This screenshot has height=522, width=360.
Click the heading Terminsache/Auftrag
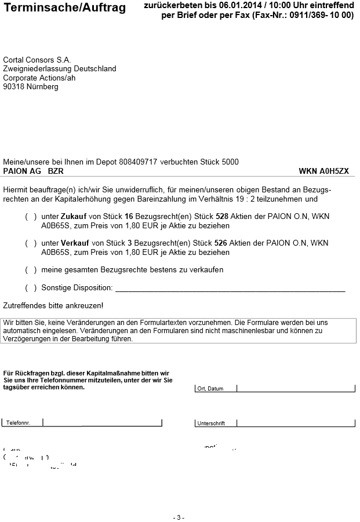coord(64,9)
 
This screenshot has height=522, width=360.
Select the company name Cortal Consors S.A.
coord(37,60)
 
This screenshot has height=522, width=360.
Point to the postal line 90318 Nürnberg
coord(31,87)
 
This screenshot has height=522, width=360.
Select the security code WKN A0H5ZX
coord(324,171)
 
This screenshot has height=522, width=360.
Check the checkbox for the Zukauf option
coord(31,216)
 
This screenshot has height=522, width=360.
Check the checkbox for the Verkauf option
coord(31,243)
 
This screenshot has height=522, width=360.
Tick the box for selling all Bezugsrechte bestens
coord(31,270)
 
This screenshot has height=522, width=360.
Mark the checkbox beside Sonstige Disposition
coord(31,288)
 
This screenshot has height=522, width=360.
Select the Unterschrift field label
coord(211,424)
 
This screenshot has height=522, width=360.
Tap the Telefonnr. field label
coord(18,423)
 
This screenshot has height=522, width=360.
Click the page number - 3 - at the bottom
coord(179,517)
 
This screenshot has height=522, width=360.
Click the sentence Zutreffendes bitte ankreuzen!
coord(53,305)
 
